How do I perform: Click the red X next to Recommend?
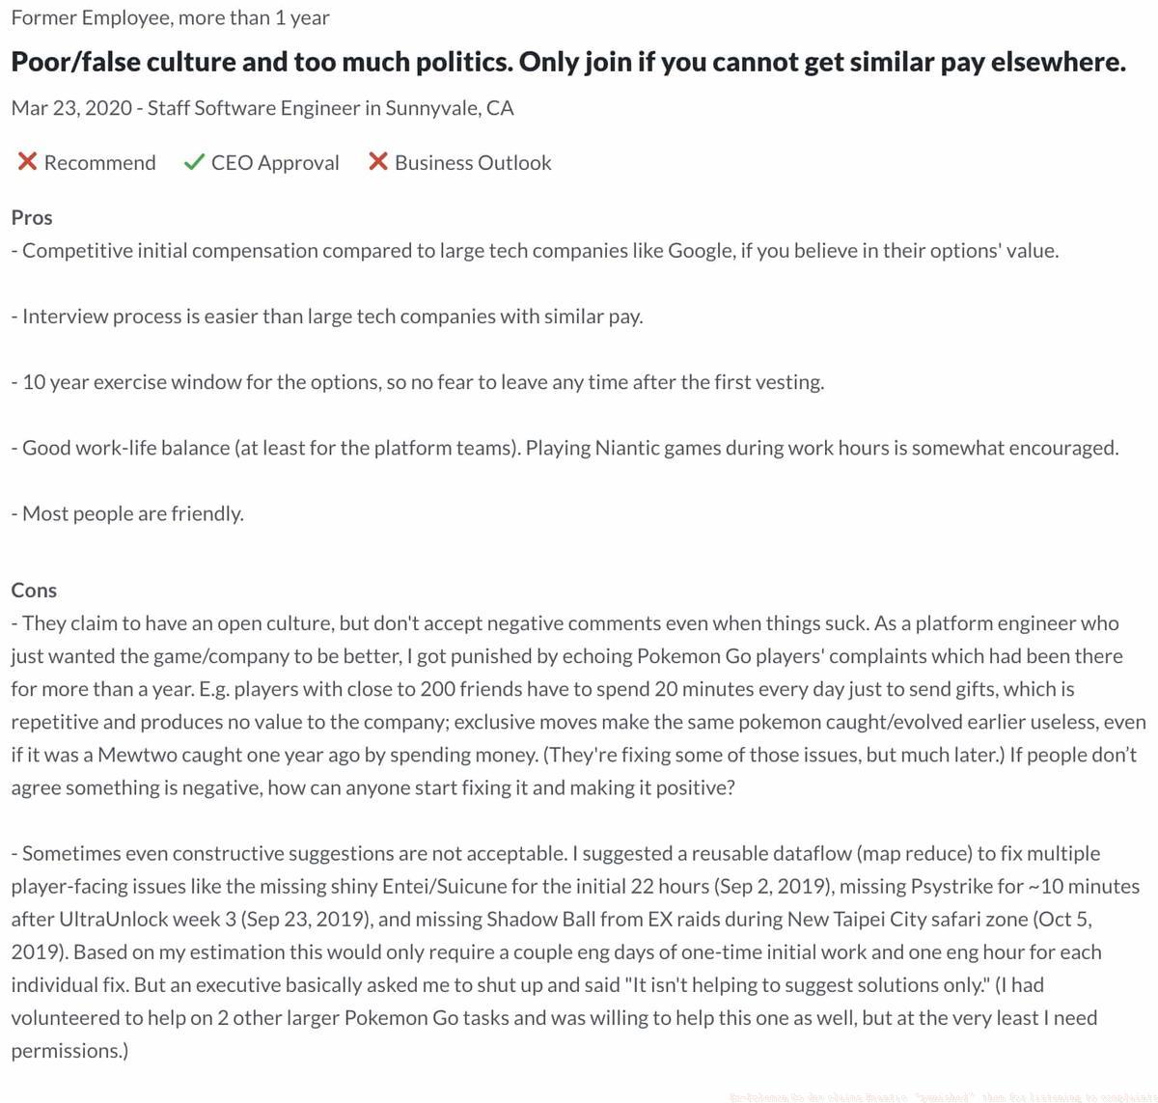pyautogui.click(x=27, y=162)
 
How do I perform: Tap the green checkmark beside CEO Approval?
pyautogui.click(x=194, y=162)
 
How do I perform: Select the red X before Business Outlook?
pyautogui.click(x=378, y=162)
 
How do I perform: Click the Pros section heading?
pyautogui.click(x=32, y=217)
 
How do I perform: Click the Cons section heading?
pyautogui.click(x=34, y=590)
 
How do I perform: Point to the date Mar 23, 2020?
pyautogui.click(x=71, y=107)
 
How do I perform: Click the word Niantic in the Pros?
pyautogui.click(x=630, y=448)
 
